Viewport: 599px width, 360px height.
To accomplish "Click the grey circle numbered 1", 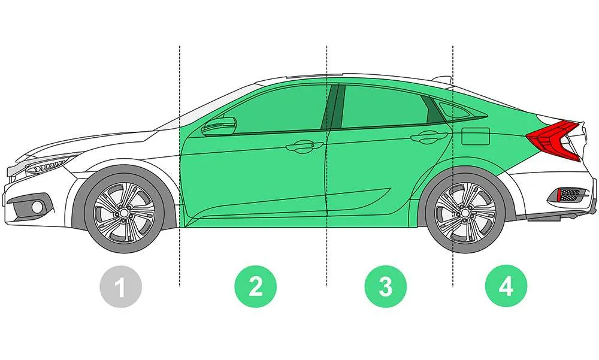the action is click(x=121, y=287).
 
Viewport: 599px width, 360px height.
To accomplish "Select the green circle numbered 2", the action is click(x=256, y=286).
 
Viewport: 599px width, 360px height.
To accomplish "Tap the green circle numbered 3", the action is click(x=386, y=286).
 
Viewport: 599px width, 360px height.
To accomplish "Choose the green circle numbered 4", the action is click(x=506, y=286).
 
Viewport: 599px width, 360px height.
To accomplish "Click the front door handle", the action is click(x=305, y=147).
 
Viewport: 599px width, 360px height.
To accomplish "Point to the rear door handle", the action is click(x=429, y=137).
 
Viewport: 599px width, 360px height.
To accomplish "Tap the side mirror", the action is click(x=219, y=126).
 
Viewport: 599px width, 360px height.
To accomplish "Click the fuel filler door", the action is click(x=476, y=136).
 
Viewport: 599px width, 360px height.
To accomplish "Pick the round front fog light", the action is click(x=37, y=207).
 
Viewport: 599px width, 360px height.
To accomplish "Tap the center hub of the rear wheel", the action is click(x=465, y=213).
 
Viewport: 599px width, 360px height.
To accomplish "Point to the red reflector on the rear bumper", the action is click(x=559, y=195).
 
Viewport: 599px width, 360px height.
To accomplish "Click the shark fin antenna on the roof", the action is click(x=443, y=80).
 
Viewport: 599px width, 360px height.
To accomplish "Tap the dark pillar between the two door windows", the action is click(x=332, y=107).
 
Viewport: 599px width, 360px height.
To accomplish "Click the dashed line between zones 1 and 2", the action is click(x=180, y=166).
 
